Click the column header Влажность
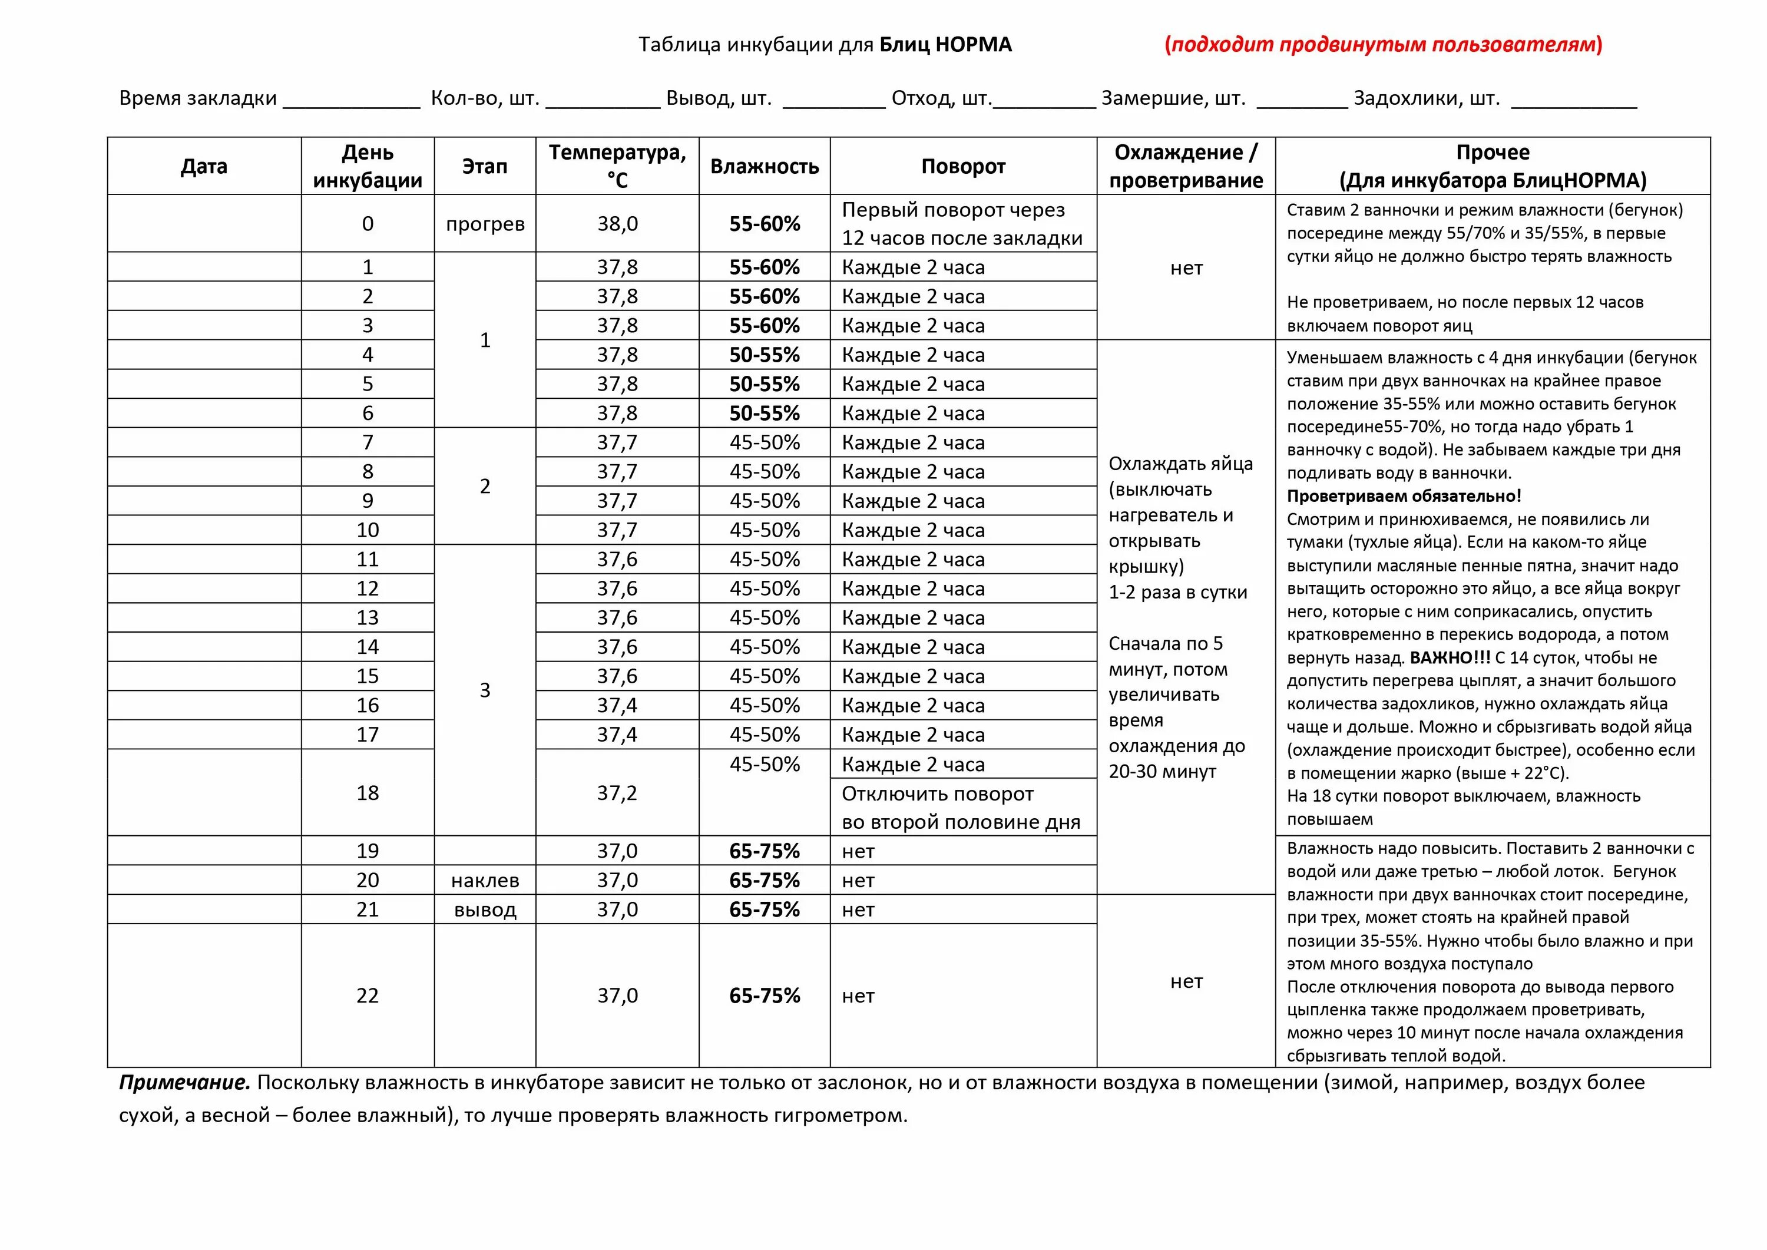764,166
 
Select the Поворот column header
963,166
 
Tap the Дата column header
204,166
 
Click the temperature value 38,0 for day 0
617,224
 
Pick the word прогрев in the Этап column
485,224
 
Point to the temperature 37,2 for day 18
617,793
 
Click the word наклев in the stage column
485,880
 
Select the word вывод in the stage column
485,909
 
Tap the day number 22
368,995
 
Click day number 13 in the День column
368,617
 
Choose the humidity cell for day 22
764,995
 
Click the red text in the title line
1383,45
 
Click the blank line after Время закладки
352,100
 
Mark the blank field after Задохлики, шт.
1574,100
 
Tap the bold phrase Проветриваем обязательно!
1404,495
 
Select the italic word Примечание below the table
185,1082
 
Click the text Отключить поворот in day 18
937,793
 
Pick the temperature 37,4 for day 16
617,705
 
